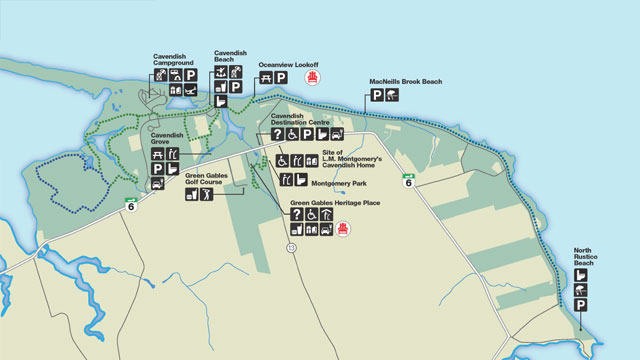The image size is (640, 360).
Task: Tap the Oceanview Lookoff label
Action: click(x=288, y=63)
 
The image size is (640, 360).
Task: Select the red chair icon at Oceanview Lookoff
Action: click(x=313, y=78)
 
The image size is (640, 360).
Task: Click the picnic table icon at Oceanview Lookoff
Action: click(x=266, y=78)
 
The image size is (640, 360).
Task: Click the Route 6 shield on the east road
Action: click(x=408, y=180)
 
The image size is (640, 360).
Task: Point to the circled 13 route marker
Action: click(x=291, y=246)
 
